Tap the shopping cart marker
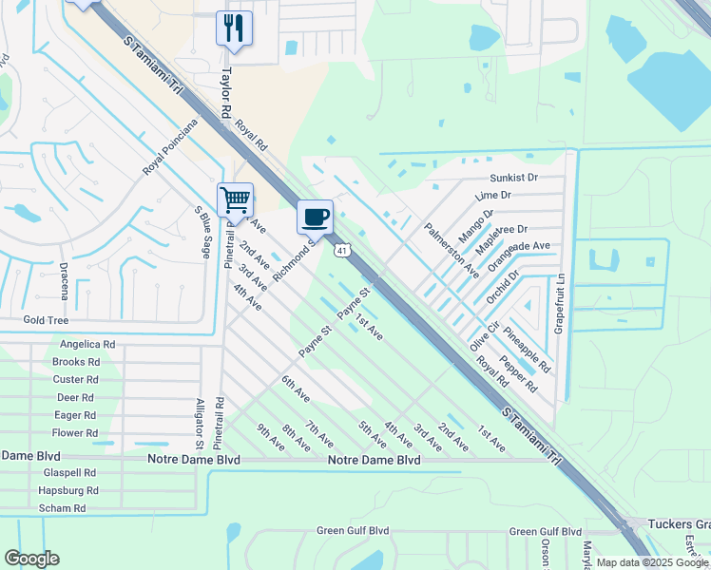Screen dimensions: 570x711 tap(235, 200)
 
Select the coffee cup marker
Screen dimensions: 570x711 tap(316, 217)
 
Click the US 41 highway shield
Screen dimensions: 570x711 tap(340, 250)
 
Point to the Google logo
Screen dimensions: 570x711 tap(31, 559)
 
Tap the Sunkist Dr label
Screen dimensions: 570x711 tap(513, 178)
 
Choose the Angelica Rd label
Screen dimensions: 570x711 tap(86, 345)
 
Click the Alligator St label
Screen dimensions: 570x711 tap(200, 423)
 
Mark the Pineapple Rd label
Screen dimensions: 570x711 tap(528, 349)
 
